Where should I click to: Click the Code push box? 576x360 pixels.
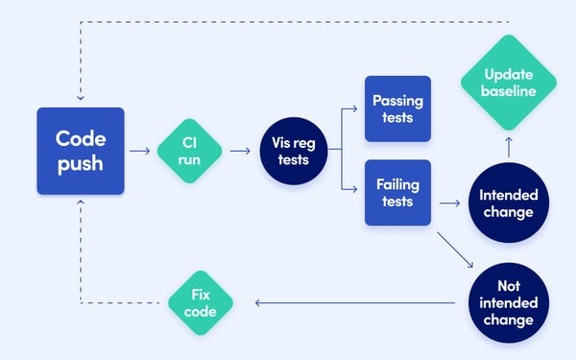tap(81, 151)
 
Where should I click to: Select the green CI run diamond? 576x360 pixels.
tap(189, 151)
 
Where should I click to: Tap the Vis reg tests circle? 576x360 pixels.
tap(293, 151)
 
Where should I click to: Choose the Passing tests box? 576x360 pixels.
tap(397, 108)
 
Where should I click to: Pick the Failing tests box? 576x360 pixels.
tap(397, 193)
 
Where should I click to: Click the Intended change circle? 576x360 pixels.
tap(508, 204)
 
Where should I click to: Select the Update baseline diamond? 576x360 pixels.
tap(508, 84)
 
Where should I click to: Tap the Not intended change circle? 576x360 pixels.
tap(508, 301)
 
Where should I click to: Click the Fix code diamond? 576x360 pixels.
tap(201, 302)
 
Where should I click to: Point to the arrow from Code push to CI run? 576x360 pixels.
tap(140, 151)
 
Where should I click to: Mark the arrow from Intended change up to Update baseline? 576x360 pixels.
tap(508, 148)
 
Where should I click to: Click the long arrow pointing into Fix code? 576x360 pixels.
tap(355, 302)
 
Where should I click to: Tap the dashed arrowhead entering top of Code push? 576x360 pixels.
tap(81, 97)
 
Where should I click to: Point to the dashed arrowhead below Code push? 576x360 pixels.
tap(81, 204)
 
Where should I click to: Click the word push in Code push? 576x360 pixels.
tap(81, 164)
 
